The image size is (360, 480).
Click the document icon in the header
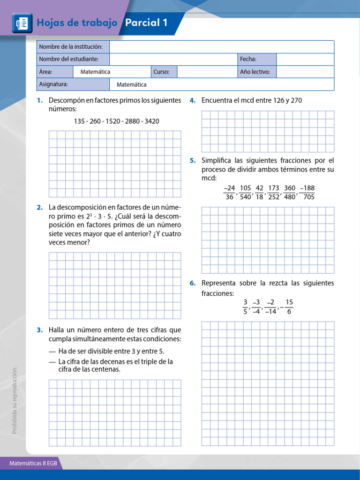(21, 23)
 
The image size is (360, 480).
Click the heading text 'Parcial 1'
(146, 23)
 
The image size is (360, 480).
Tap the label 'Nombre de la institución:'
(71, 47)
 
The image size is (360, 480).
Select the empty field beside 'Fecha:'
(305, 59)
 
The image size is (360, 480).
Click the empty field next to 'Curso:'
(207, 72)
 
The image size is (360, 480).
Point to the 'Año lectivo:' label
(255, 72)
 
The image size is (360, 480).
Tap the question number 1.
(40, 100)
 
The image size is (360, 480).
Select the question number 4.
(192, 100)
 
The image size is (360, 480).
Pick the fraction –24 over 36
(229, 192)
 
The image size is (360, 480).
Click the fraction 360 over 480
(290, 192)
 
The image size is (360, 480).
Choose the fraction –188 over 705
(307, 192)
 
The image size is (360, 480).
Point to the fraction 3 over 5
(245, 307)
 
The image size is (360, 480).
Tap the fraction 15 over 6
(289, 307)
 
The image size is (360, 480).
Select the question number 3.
(40, 330)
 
